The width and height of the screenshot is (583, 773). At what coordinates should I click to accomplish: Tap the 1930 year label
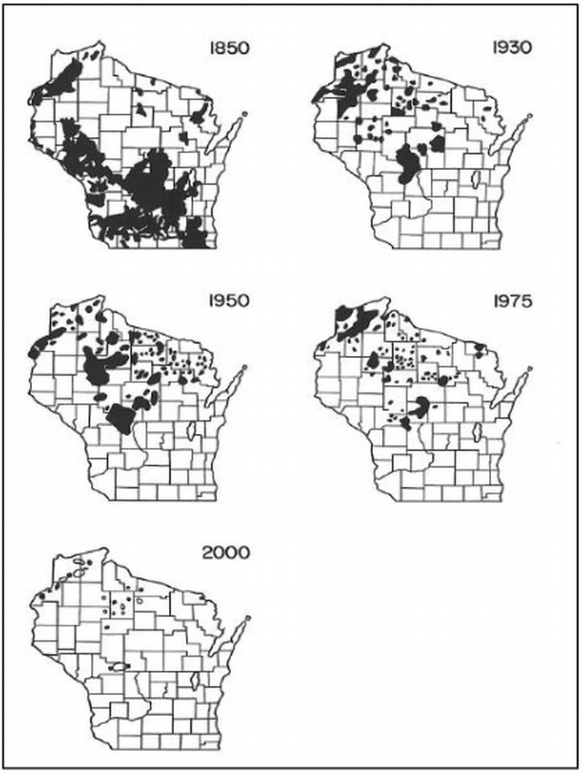[x=513, y=50]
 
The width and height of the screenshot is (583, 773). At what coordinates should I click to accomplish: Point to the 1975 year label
[x=513, y=300]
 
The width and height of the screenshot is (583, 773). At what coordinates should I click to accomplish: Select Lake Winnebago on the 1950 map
[x=191, y=431]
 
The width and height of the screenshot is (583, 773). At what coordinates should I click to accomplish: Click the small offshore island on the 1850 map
[x=246, y=114]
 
